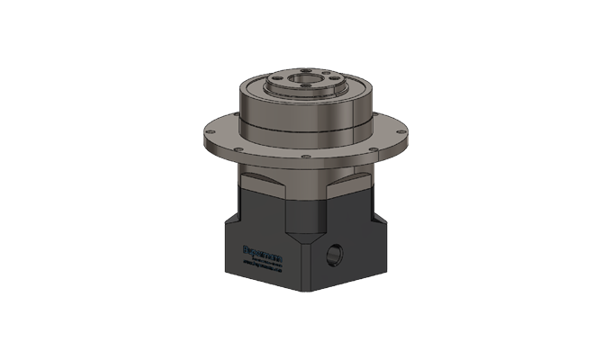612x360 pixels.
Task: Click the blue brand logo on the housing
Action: click(263, 256)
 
